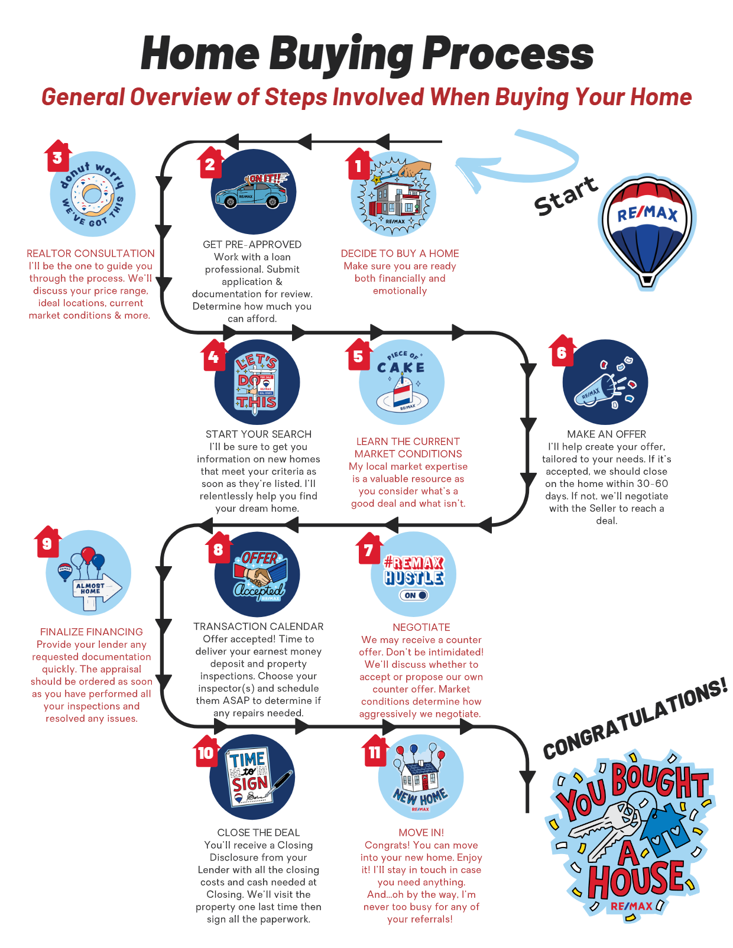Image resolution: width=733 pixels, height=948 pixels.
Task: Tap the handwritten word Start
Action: pos(566,196)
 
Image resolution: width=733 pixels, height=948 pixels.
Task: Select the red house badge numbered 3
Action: pos(58,156)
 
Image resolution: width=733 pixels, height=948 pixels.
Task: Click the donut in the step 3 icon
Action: pos(92,194)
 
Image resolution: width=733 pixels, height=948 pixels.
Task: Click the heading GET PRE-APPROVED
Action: pos(252,244)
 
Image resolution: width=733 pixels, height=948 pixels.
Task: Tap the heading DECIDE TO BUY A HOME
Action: pos(400,254)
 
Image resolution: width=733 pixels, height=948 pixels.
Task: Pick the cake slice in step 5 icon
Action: pos(403,391)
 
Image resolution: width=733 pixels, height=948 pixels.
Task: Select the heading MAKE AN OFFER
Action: pos(606,434)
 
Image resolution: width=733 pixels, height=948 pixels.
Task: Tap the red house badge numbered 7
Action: pos(369,548)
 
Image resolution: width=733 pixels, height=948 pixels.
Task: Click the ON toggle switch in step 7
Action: pos(414,595)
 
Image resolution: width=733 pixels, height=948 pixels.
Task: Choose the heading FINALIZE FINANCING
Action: pos(92,632)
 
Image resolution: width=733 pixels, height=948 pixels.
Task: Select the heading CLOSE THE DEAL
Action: pos(258,832)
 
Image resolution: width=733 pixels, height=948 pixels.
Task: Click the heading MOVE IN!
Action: pos(421,832)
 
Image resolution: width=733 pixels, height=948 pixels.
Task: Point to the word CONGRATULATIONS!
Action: pos(635,718)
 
